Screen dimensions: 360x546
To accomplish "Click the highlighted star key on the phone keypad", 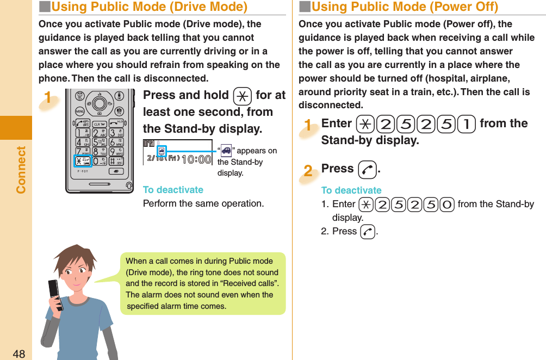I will (84, 160).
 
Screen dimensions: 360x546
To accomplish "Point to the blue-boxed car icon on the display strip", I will (162, 150).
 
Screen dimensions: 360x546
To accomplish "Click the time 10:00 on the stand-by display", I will (196, 159).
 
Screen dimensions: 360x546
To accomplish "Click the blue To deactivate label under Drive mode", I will (173, 190).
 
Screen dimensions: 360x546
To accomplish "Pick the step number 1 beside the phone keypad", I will (48, 98).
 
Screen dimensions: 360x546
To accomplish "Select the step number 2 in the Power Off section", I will (308, 171).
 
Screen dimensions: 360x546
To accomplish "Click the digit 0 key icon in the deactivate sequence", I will (448, 204).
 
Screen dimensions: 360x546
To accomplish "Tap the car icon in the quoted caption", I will (226, 151).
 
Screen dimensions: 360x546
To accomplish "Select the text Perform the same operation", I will (203, 203).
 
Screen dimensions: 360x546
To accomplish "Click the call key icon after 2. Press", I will (367, 232).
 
